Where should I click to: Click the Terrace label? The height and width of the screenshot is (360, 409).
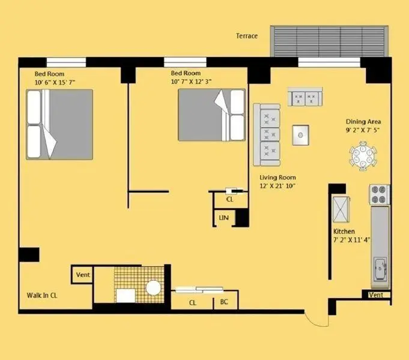[247, 36]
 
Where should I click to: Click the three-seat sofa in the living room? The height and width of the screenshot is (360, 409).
[267, 135]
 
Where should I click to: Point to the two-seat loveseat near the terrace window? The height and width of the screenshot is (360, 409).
[305, 97]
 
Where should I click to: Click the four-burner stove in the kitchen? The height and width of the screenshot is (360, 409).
[380, 194]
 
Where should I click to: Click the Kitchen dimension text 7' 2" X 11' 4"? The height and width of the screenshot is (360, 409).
[351, 239]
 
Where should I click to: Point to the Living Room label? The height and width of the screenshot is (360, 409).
[277, 177]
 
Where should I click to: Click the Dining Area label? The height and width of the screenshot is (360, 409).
[363, 121]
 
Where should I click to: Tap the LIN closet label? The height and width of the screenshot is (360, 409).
[224, 217]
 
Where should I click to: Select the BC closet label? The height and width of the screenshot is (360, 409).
[224, 302]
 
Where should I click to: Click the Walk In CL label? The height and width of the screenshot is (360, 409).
[42, 295]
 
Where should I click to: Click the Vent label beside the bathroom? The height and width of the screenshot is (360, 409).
[83, 275]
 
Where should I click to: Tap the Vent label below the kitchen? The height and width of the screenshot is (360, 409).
[376, 295]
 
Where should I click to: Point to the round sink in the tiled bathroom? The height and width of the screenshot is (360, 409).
[153, 288]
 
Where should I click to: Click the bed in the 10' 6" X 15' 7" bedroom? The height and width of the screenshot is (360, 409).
[59, 124]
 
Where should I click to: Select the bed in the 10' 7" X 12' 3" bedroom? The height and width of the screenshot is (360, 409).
[211, 115]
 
